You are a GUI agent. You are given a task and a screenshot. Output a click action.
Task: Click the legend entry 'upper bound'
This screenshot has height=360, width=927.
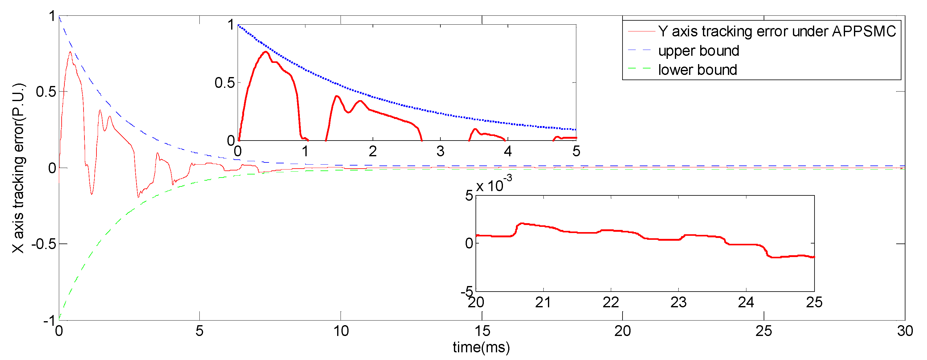(x=698, y=51)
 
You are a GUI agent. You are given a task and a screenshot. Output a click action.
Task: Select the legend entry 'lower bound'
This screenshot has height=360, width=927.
(x=697, y=70)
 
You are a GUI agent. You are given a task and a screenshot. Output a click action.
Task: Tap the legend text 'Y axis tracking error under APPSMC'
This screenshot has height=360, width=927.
(x=777, y=32)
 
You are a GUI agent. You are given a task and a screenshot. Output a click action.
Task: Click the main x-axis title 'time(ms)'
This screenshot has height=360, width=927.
(x=481, y=347)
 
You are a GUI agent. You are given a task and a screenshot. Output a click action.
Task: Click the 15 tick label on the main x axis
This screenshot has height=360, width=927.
(x=482, y=331)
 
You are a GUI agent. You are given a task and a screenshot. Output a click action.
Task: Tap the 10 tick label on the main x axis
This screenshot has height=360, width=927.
(x=341, y=331)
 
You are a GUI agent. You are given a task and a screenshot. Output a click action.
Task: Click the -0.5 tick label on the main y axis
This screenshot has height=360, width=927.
(x=44, y=244)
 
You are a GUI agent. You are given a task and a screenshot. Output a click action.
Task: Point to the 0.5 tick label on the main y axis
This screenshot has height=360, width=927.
(x=46, y=92)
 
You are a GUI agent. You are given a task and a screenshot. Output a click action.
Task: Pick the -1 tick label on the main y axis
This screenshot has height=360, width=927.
(x=49, y=320)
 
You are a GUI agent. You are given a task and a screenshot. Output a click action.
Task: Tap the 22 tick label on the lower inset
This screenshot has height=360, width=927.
(x=611, y=302)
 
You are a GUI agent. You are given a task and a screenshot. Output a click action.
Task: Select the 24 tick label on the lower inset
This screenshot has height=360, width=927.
(x=746, y=302)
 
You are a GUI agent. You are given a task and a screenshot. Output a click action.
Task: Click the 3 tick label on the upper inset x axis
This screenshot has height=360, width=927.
(x=440, y=152)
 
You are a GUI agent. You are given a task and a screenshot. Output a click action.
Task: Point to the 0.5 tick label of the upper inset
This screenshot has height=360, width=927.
(x=225, y=83)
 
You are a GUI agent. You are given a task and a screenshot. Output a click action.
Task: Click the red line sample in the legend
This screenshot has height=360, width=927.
(x=641, y=32)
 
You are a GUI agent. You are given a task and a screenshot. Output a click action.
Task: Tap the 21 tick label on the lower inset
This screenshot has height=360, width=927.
(x=543, y=302)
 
